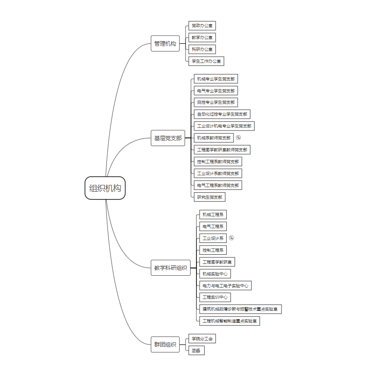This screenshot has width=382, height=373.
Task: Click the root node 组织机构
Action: tap(105, 188)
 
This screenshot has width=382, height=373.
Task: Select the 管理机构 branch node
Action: tap(165, 44)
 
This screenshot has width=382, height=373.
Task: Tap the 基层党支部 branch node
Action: tap(168, 138)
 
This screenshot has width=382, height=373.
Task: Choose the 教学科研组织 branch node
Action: tap(170, 268)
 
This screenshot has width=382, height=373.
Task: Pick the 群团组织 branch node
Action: tap(165, 345)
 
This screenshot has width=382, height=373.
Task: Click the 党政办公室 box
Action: tap(202, 26)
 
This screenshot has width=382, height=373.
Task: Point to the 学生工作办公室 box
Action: tap(206, 61)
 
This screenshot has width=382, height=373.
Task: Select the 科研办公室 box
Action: tap(202, 49)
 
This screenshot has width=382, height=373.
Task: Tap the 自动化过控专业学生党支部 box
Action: tap(222, 114)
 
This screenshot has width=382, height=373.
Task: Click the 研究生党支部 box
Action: tap(210, 197)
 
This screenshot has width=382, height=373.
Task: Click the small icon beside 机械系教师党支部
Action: tap(238, 137)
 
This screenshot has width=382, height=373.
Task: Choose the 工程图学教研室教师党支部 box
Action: tap(222, 150)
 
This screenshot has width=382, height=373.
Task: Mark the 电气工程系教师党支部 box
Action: tap(218, 185)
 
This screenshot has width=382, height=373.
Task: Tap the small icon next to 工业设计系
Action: tap(231, 238)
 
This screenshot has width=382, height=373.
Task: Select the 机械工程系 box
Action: tap(213, 215)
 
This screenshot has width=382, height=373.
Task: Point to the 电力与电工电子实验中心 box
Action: tap(225, 286)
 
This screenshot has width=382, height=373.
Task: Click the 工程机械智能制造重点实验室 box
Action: tap(230, 321)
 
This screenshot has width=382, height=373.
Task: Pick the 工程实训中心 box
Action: tap(215, 297)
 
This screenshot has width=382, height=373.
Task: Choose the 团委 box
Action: tap(196, 351)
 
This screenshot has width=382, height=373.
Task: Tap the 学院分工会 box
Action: tap(202, 339)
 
